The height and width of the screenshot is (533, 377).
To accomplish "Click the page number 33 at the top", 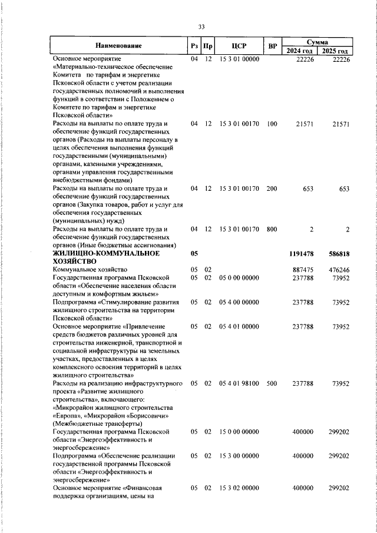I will [x=201, y=27].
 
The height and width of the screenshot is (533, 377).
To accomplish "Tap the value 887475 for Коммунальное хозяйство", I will [x=303, y=270].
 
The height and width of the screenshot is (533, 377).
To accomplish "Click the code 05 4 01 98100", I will [x=239, y=383].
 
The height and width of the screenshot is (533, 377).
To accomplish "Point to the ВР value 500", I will [x=272, y=383].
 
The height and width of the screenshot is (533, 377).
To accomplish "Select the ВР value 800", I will [x=272, y=229].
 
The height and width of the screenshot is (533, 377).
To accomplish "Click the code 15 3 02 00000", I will [x=239, y=488].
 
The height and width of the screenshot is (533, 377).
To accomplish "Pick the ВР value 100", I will [x=272, y=124].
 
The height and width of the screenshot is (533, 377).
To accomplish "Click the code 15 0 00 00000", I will [x=239, y=432].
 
